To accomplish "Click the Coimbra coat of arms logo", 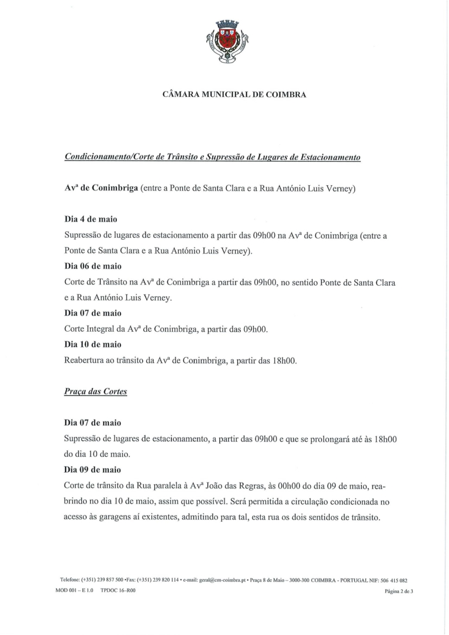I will pyautogui.click(x=227, y=41).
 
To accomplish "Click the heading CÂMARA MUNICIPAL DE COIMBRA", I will pyautogui.click(x=234, y=93).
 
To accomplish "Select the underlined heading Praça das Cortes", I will pyautogui.click(x=96, y=392).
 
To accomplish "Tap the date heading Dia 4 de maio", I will pyautogui.click(x=91, y=219).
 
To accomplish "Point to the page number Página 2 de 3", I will pyautogui.click(x=399, y=591).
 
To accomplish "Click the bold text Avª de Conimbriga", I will pyautogui.click(x=101, y=189).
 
